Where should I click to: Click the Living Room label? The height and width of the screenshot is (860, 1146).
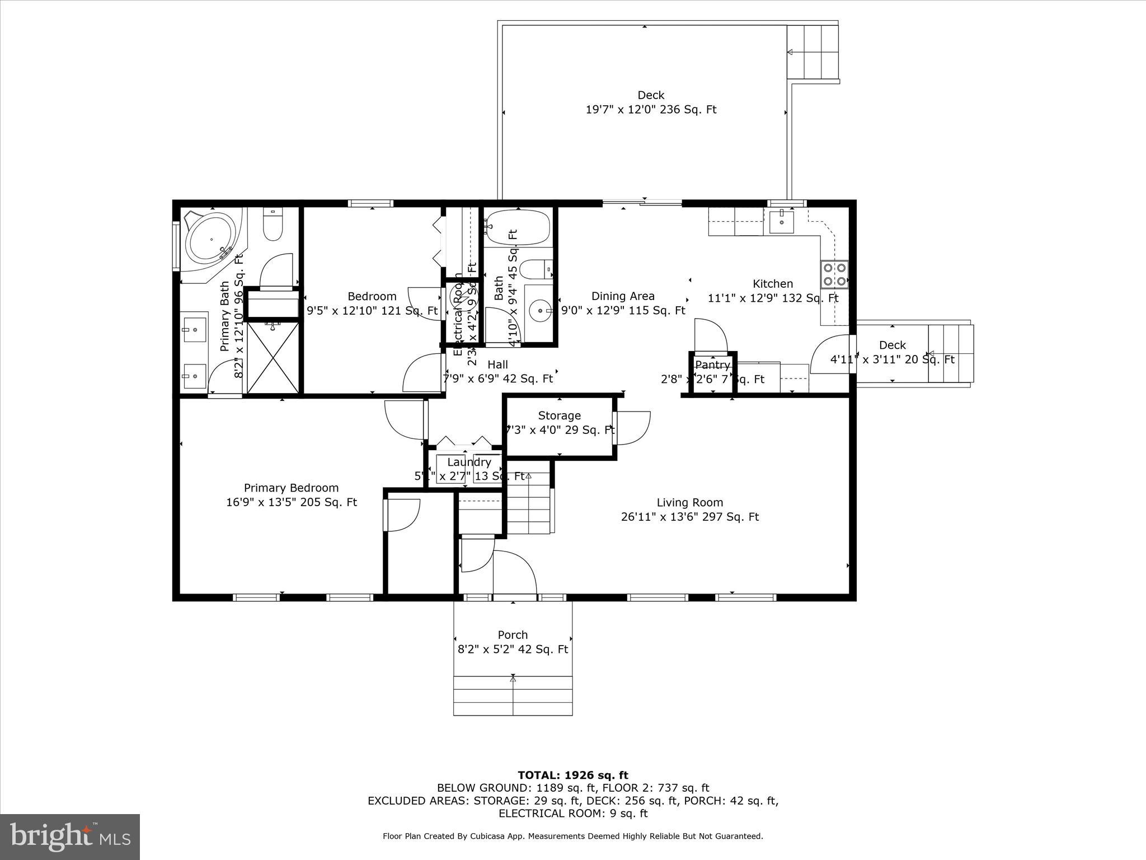[x=689, y=503]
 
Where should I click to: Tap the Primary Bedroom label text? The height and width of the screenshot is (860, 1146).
[x=291, y=488]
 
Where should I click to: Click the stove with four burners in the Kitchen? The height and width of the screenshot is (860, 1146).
[x=834, y=275]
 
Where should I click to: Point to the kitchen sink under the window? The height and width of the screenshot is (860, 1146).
[x=781, y=222]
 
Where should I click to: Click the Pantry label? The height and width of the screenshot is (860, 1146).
[x=712, y=366]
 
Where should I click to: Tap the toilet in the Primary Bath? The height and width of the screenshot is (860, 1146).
[x=273, y=225]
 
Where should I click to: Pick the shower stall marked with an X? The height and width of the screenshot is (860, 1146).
[x=273, y=357]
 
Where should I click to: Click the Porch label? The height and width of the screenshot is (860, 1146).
[x=513, y=635]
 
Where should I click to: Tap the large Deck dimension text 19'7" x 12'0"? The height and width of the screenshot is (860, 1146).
[x=651, y=110]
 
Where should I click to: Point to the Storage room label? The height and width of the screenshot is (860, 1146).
[x=559, y=415]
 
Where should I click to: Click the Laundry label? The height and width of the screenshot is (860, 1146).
[x=469, y=462]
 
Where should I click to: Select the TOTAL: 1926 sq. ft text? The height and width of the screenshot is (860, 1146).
[x=572, y=775]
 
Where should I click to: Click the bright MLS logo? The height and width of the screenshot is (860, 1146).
[x=70, y=836]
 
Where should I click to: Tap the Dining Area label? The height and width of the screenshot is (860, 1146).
[x=622, y=296]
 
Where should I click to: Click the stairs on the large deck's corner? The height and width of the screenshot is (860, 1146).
[x=812, y=52]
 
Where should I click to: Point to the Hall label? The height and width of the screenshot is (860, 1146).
[x=497, y=365]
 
